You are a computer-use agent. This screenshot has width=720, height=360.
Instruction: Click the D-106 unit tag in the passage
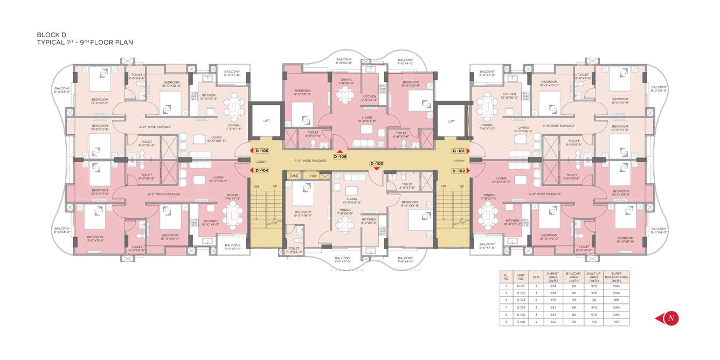tap(340, 156)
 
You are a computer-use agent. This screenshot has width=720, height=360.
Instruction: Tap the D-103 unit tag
tap(376, 163)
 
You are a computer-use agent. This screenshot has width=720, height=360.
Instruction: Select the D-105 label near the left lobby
tap(262, 151)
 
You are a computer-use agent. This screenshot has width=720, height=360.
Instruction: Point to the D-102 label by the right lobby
tap(459, 170)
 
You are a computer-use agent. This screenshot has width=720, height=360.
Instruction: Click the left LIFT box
tap(266, 121)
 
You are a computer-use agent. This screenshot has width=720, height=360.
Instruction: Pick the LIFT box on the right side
tap(452, 121)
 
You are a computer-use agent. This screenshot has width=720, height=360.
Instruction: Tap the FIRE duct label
tap(313, 176)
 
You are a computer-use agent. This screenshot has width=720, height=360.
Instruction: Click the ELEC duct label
tap(294, 176)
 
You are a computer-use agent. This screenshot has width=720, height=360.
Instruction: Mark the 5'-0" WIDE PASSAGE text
tap(310, 161)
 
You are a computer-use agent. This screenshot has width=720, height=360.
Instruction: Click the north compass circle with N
tap(671, 318)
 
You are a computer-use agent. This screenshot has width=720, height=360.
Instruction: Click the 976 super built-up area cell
tap(616, 322)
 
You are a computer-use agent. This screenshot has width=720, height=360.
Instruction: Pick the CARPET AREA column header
tap(552, 277)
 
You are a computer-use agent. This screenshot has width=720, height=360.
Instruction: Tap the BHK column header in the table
tap(536, 277)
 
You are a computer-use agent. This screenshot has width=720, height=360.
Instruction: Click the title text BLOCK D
tap(51, 34)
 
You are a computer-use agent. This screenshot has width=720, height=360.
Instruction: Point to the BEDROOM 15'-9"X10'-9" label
tap(303, 214)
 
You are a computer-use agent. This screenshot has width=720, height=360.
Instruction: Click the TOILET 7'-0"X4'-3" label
tap(294, 250)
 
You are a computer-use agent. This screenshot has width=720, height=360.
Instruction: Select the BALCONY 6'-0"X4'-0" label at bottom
tap(342, 260)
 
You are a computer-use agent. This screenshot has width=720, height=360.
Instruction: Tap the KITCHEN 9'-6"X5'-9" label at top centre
tap(369, 98)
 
